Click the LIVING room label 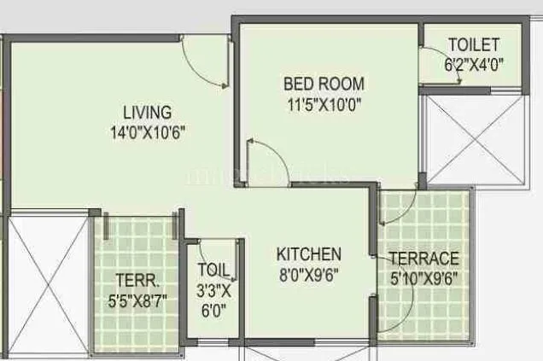tap(147, 113)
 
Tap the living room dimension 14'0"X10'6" tap(147, 131)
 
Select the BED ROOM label tap(324, 84)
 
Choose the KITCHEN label tap(309, 254)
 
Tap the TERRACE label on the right tap(424, 259)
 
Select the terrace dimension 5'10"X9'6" tap(424, 277)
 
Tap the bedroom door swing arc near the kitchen tap(260, 160)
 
